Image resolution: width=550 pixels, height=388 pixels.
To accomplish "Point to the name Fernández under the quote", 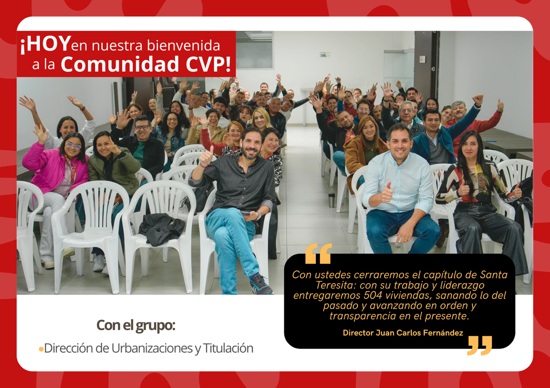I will (x=443, y=333).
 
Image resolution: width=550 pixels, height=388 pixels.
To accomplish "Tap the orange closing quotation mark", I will (x=479, y=345).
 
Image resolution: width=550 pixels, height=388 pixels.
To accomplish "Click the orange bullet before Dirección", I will (x=41, y=349).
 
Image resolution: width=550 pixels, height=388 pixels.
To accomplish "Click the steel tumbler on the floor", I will (x=332, y=201).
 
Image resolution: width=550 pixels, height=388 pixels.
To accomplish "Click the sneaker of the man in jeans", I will (x=261, y=285).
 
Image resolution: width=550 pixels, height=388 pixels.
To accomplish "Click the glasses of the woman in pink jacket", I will (x=73, y=145).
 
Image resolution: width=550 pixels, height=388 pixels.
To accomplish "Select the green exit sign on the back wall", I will (x=325, y=54).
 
